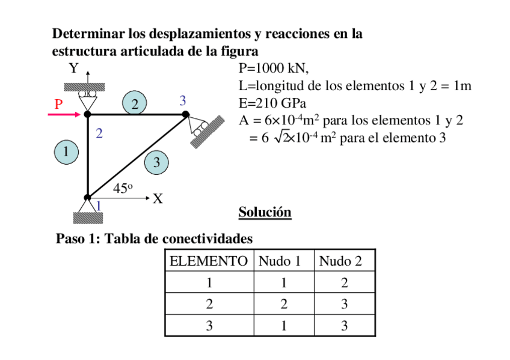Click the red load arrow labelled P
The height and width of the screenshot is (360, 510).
coord(65,114)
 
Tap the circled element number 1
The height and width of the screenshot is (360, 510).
coord(66,151)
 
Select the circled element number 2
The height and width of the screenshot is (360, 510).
coord(135,104)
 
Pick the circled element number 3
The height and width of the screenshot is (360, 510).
coord(156,162)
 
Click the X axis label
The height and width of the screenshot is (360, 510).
coord(158,198)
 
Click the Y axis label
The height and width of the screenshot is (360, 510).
coord(74,69)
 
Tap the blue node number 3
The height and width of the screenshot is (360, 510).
coord(182,100)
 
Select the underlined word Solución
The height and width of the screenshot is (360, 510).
coord(265,212)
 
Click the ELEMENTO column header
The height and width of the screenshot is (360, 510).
coord(209,261)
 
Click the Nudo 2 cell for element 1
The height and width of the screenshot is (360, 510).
coord(344,282)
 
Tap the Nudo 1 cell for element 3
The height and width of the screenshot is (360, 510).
coord(283,326)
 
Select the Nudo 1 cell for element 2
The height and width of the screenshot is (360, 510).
coord(283,304)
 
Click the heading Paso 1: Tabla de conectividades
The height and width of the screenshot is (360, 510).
coord(154,239)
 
